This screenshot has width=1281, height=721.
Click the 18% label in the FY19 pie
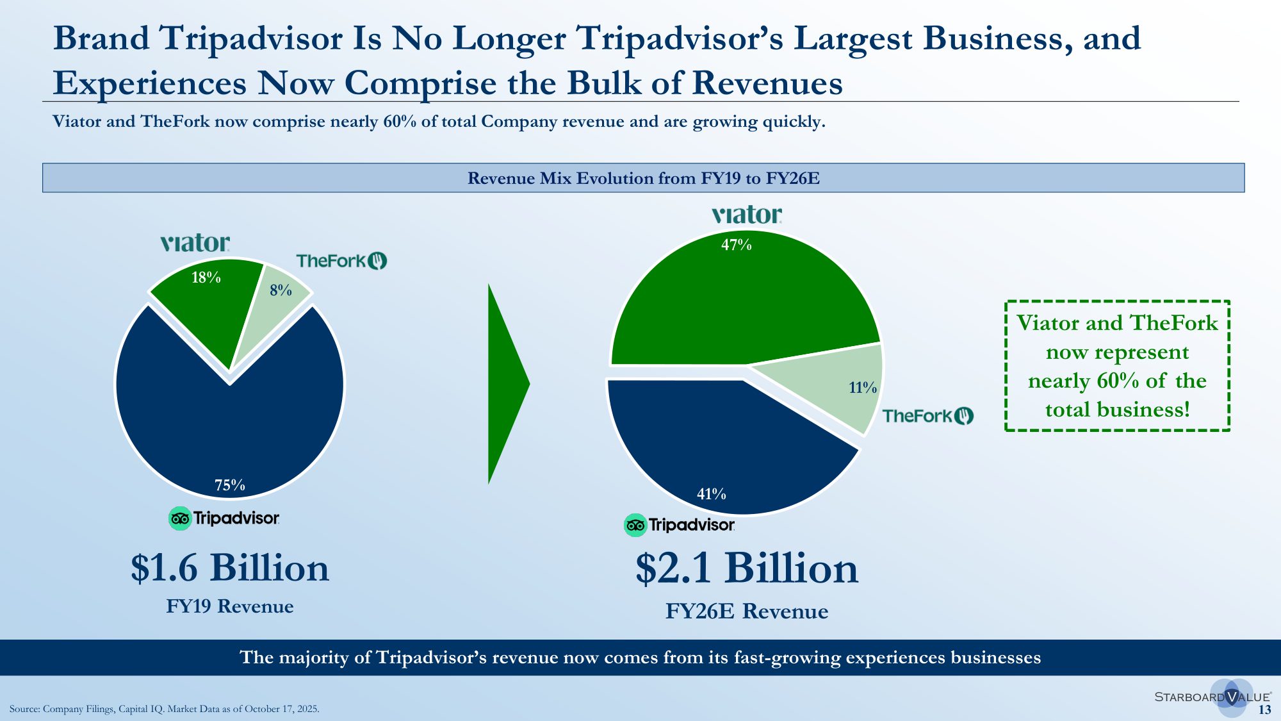[206, 278]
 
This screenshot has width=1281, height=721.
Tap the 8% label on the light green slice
[281, 290]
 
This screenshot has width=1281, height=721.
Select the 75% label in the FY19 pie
[230, 485]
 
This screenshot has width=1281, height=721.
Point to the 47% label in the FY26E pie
[737, 245]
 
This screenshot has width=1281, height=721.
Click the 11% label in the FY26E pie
[863, 388]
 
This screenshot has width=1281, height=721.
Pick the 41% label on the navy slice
[712, 494]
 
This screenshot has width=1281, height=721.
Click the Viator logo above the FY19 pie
[195, 243]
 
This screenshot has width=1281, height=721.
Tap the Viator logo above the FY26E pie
[747, 215]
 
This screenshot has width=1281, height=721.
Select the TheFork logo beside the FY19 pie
[341, 261]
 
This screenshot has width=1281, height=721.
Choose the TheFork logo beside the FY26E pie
[928, 416]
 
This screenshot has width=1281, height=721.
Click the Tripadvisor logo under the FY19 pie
[224, 518]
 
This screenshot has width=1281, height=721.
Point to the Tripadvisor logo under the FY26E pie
[680, 525]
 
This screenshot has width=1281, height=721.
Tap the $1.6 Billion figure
[230, 568]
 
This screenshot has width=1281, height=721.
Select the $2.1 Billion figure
[747, 568]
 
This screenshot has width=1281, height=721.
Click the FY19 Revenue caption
[230, 606]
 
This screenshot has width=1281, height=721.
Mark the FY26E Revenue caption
[747, 611]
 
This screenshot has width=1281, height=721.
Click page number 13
[1264, 709]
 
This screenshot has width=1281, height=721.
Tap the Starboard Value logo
[1212, 697]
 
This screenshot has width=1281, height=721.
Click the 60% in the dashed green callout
[1118, 381]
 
